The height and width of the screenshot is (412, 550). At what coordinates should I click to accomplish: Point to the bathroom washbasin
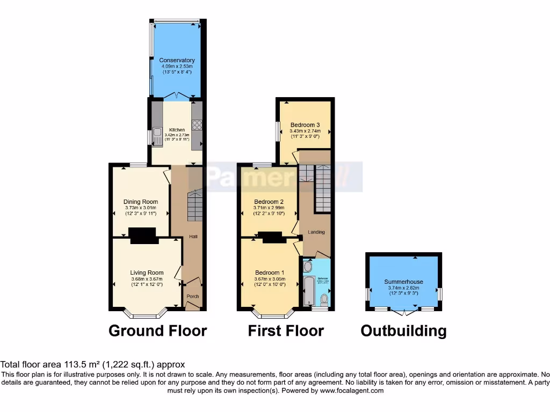(307, 267)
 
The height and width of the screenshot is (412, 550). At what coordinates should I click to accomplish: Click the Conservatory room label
(177, 60)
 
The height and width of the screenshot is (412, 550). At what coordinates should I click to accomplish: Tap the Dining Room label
(141, 202)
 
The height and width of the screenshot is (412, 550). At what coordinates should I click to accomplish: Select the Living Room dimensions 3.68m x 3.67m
(147, 278)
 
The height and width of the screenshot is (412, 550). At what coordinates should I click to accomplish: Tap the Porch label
(192, 297)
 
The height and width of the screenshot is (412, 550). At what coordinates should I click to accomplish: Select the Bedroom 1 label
(270, 273)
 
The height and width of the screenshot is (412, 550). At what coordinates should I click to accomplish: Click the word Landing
(316, 232)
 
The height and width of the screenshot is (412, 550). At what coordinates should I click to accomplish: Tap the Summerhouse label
(403, 282)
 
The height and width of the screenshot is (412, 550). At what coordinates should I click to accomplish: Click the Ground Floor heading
(157, 330)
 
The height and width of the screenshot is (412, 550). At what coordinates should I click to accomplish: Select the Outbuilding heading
(403, 330)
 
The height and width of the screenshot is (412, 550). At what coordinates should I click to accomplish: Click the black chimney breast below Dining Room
(142, 234)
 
